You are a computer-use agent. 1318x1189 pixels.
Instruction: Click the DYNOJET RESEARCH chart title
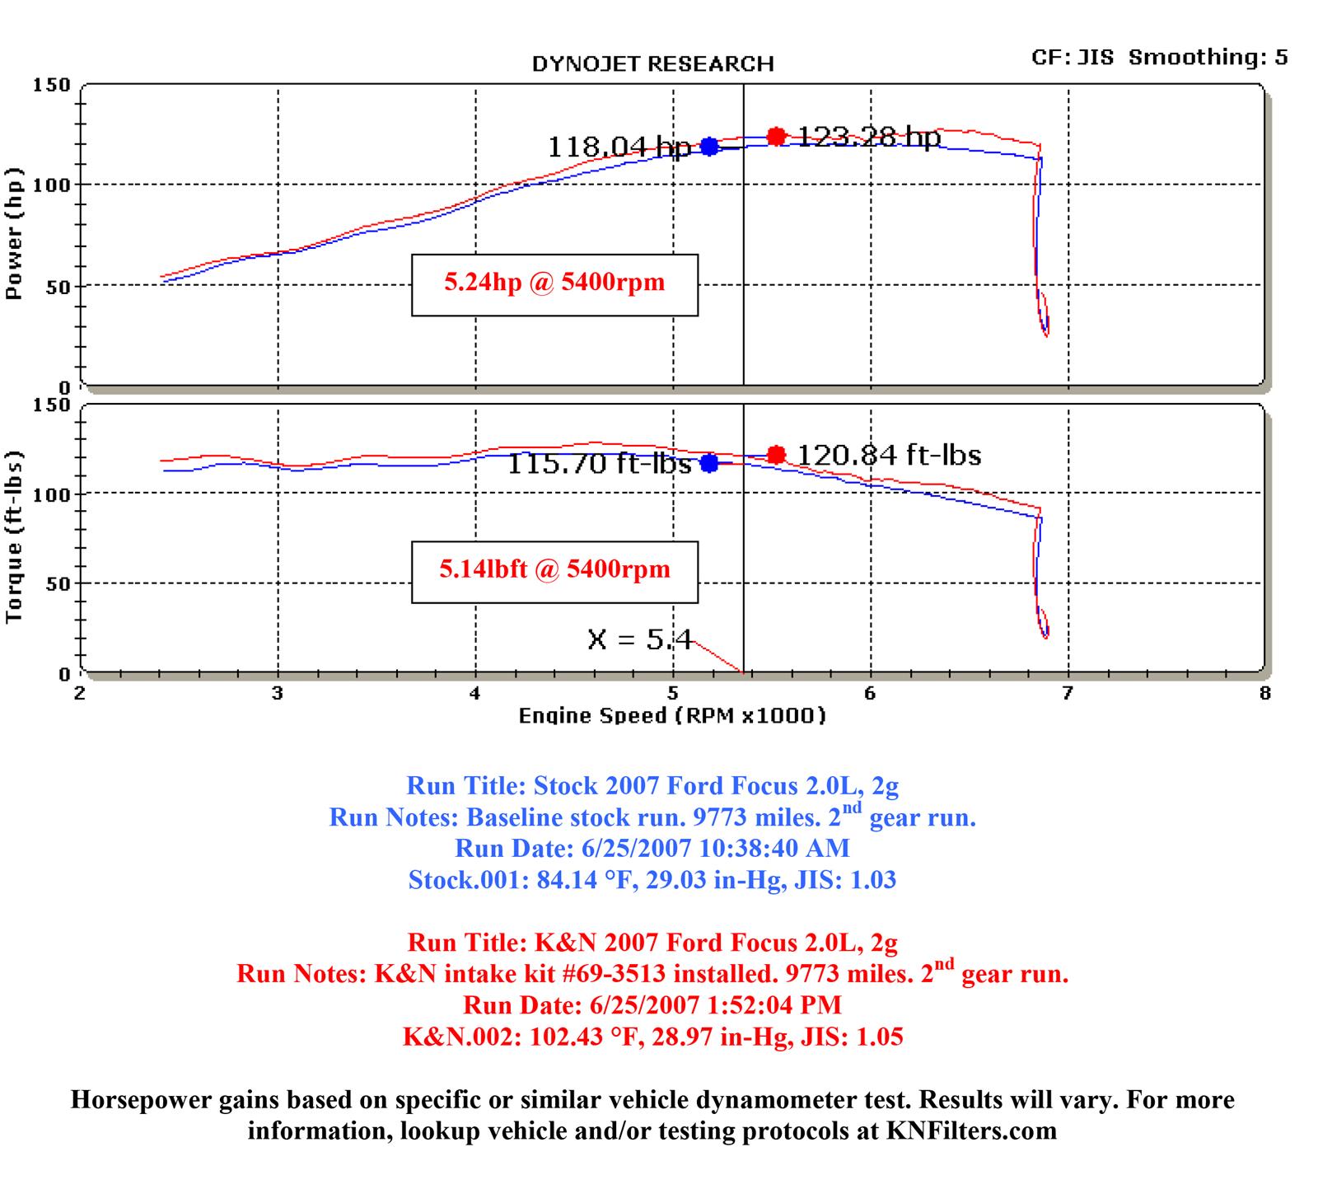coord(652,64)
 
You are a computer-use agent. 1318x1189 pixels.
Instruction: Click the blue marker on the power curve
coord(709,147)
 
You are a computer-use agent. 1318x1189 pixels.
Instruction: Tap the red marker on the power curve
coord(776,136)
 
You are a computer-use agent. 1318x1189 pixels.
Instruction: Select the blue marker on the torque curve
coord(709,463)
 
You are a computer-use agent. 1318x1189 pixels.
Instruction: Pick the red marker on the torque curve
coord(776,454)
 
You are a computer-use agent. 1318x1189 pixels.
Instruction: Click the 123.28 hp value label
coord(869,137)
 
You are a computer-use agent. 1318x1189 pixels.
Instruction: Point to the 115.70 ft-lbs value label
coord(599,464)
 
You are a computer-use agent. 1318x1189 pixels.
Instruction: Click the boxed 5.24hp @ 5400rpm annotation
coord(554,284)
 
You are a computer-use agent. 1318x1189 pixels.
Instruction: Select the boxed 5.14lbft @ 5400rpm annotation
coord(554,571)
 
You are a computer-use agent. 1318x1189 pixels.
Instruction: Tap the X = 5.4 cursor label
coord(640,639)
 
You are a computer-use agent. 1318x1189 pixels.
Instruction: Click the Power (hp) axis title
coord(14,234)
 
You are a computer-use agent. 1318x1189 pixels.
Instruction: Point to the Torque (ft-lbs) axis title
coord(14,537)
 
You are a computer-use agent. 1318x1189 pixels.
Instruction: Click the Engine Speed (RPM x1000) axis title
coord(671,715)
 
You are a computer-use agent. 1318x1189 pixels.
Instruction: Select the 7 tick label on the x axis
coord(1068,693)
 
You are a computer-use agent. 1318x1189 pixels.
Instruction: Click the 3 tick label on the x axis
coord(278,693)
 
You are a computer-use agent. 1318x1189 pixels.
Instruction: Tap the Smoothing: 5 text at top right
coord(1208,58)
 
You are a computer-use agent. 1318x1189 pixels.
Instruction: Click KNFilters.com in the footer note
coord(971,1130)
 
